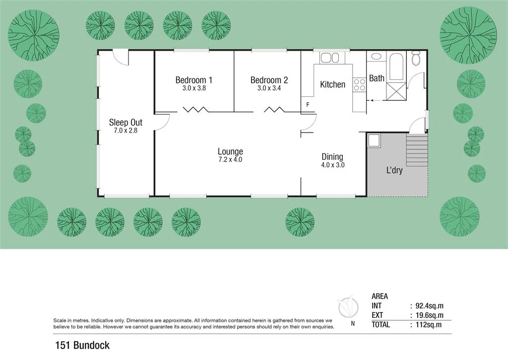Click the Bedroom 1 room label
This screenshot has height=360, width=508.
pyautogui.click(x=194, y=80)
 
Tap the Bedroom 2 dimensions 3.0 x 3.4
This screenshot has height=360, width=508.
pyautogui.click(x=269, y=88)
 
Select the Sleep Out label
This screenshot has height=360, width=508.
pyautogui.click(x=126, y=122)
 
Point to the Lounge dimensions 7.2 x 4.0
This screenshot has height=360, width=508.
pyautogui.click(x=230, y=160)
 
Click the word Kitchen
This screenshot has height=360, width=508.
pyautogui.click(x=332, y=84)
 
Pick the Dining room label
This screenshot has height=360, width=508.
pyautogui.click(x=332, y=157)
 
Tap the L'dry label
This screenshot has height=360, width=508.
pyautogui.click(x=394, y=170)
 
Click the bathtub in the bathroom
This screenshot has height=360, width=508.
pyautogui.click(x=396, y=67)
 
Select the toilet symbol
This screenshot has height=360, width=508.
pyautogui.click(x=416, y=59)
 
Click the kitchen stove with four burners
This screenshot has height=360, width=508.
pyautogui.click(x=359, y=85)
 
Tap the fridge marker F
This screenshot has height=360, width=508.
pyautogui.click(x=308, y=105)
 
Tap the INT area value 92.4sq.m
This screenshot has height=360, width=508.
pyautogui.click(x=426, y=306)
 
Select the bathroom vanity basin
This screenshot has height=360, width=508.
pyautogui.click(x=376, y=56)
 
